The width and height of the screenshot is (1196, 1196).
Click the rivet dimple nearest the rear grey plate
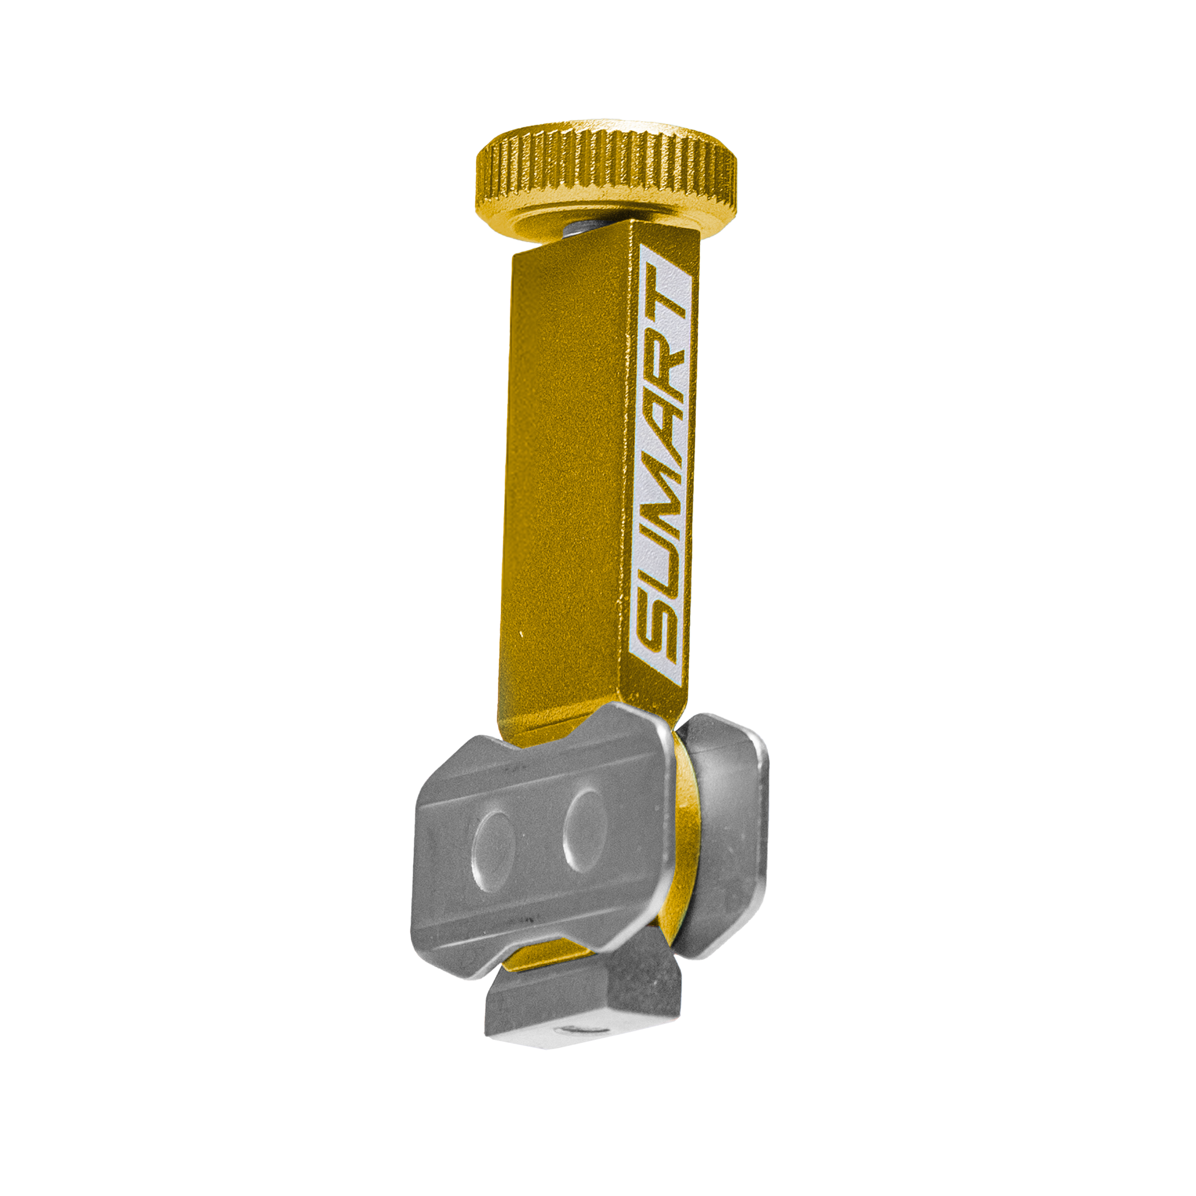pyautogui.click(x=584, y=831)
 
